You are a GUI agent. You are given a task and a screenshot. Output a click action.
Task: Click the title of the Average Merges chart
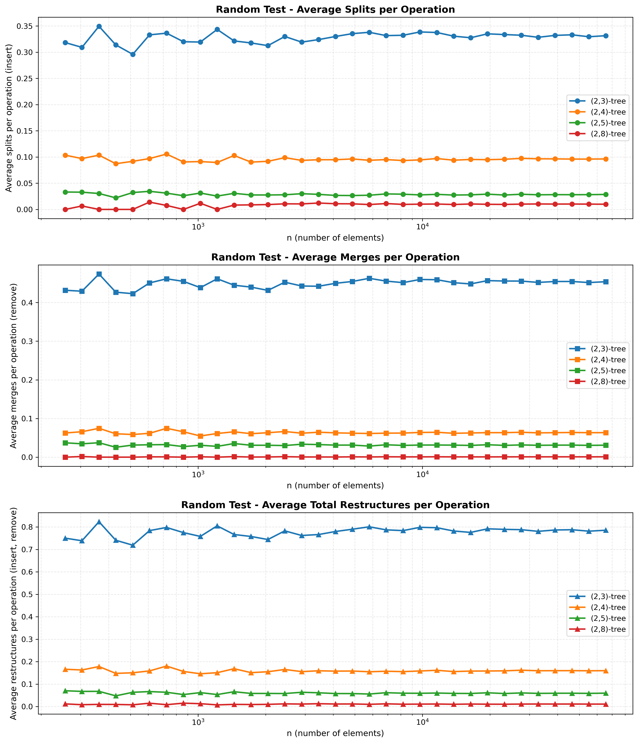pos(335,257)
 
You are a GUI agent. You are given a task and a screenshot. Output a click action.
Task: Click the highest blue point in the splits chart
pos(99,26)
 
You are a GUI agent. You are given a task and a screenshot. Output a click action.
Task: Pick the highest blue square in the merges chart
pos(99,274)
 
